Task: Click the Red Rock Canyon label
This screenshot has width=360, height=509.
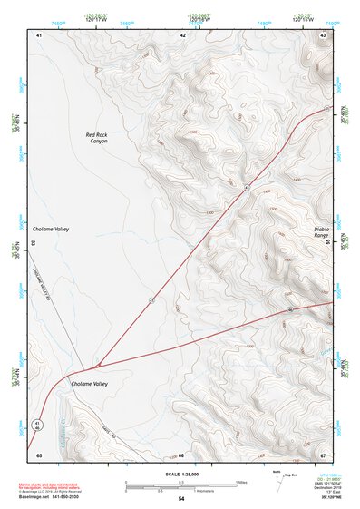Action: [98, 138]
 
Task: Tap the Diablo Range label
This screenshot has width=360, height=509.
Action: [322, 232]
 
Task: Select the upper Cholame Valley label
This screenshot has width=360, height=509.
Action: [51, 230]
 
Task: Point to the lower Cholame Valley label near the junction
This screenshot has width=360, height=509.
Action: [89, 384]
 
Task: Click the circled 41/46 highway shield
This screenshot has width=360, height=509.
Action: [37, 425]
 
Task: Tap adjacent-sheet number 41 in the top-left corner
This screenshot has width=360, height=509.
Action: [39, 34]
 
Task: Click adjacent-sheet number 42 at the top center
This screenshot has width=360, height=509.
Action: [182, 34]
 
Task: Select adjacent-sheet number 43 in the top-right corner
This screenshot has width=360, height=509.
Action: [324, 34]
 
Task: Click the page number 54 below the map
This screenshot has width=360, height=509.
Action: [181, 499]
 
